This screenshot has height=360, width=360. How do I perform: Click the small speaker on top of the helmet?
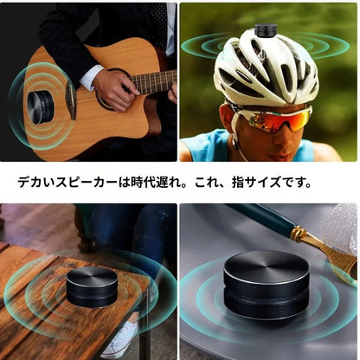coord(266,30)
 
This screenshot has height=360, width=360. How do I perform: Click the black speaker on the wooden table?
coord(92,286)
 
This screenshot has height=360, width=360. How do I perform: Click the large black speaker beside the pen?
coord(266,285)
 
